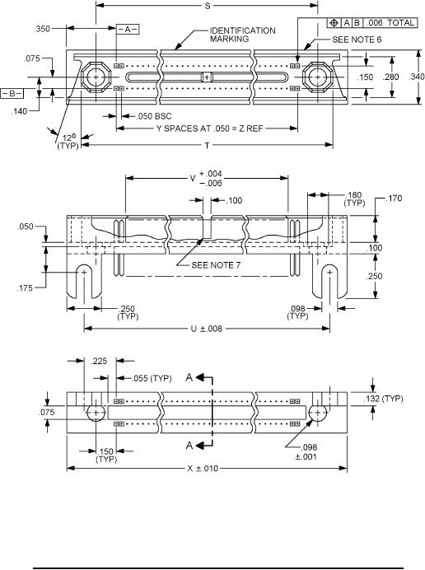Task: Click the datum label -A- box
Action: click(128, 30)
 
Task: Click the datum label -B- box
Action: click(12, 94)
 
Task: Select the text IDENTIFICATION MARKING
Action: click(242, 35)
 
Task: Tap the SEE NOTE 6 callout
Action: click(357, 40)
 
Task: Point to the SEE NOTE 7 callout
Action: click(216, 265)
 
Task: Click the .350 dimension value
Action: click(42, 29)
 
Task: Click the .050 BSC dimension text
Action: click(154, 116)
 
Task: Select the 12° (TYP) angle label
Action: click(68, 142)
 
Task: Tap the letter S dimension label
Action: click(208, 6)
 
